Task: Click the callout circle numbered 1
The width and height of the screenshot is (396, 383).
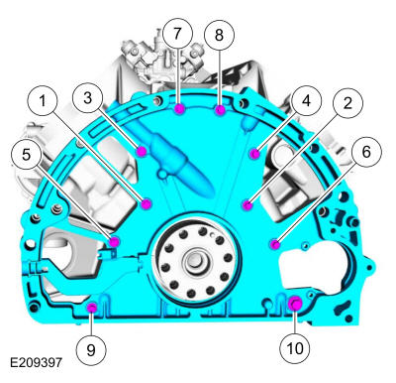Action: [x=43, y=101]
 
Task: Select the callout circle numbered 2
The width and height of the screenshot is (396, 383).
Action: [x=347, y=103]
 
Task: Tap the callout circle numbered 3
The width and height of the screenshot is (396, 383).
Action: [x=87, y=98]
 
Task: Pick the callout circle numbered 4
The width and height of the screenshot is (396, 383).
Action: [x=306, y=100]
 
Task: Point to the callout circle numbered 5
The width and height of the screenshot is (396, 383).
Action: [x=26, y=155]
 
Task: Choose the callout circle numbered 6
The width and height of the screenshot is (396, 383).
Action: [x=366, y=152]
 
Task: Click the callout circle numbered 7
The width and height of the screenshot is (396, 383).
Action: [x=177, y=34]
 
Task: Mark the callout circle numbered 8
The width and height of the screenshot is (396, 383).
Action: [x=219, y=35]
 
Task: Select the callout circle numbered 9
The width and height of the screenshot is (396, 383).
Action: [x=91, y=349]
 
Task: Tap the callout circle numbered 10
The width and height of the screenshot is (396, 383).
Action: [x=295, y=348]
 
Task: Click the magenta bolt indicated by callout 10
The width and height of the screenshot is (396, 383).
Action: [x=295, y=304]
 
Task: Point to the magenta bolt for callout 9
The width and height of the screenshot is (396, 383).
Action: [x=91, y=308]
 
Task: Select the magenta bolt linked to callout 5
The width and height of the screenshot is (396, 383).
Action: [x=114, y=242]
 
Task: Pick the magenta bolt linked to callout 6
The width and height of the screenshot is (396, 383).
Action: [x=275, y=245]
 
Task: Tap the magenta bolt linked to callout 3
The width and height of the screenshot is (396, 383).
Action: [x=142, y=152]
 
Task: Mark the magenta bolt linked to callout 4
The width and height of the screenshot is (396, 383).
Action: [x=254, y=154]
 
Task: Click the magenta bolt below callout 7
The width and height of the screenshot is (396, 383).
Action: [x=179, y=109]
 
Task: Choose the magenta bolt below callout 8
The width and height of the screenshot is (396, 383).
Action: [x=220, y=110]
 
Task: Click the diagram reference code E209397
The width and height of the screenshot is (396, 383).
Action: [x=36, y=362]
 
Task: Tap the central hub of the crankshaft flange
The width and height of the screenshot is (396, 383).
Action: [x=196, y=260]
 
